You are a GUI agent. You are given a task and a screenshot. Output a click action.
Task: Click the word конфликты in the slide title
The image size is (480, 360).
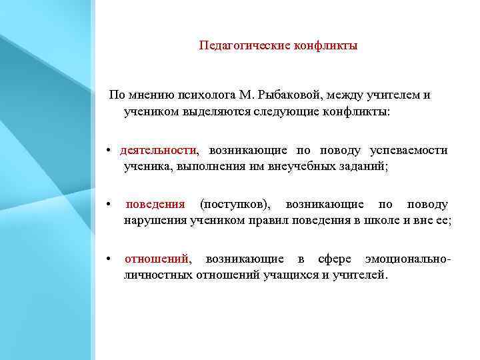[x=325, y=46]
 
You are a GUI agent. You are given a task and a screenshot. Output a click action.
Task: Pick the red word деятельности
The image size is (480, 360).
[x=159, y=151]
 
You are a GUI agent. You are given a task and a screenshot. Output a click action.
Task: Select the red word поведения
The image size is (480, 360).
[x=155, y=204]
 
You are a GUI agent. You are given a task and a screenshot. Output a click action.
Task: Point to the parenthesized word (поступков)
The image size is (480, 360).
[x=235, y=204]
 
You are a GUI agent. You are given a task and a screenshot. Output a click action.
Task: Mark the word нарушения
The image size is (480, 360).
[x=151, y=220]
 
